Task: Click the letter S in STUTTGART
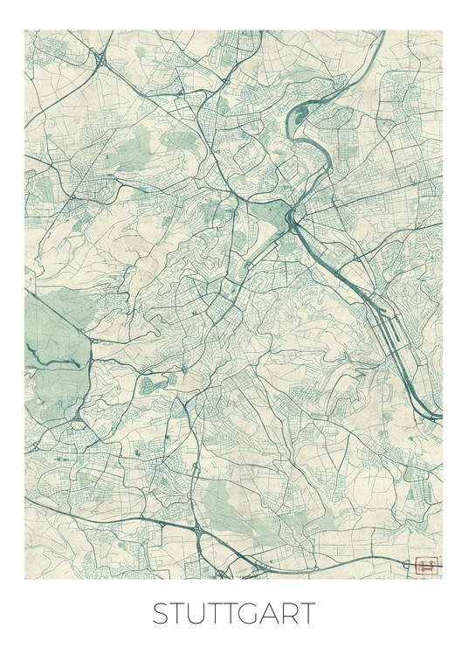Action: click(161, 613)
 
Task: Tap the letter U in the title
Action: click(199, 613)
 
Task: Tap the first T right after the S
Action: click(179, 613)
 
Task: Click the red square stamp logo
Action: click(426, 565)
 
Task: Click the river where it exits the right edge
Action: click(439, 417)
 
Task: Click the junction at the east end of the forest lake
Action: click(85, 357)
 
